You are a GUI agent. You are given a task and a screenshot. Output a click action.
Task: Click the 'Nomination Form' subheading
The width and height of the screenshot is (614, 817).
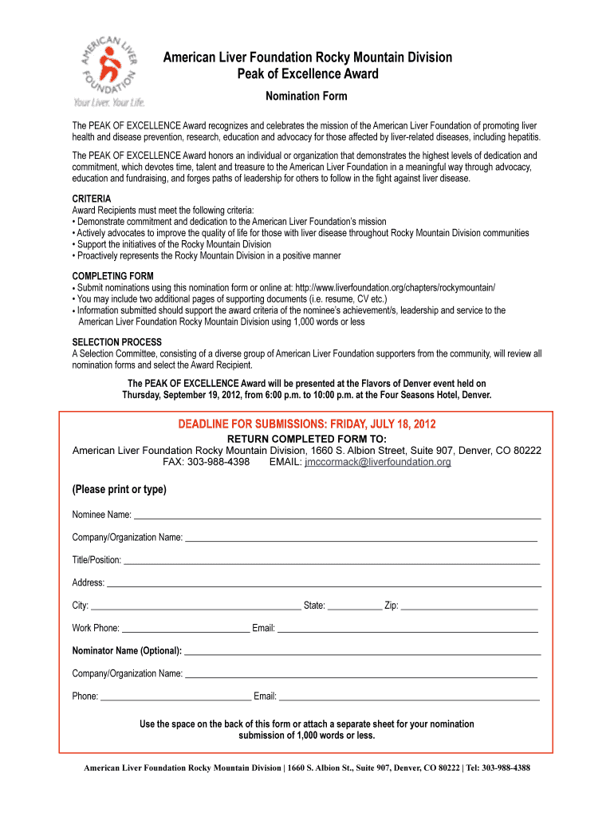tap(306, 97)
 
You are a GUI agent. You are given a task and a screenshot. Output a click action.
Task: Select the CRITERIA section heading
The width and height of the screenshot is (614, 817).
tap(92, 199)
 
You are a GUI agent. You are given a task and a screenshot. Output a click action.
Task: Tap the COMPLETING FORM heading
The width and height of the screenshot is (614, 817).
tap(113, 276)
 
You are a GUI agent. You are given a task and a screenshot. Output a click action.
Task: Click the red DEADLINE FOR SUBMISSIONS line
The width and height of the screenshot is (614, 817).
tap(306, 424)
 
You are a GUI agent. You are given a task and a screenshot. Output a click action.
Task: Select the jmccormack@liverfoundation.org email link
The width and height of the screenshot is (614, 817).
tap(378, 462)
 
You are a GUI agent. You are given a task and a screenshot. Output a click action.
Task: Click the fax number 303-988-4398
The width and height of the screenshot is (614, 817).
tap(218, 462)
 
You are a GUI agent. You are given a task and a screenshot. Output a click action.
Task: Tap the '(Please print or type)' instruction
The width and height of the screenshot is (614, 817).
tap(120, 489)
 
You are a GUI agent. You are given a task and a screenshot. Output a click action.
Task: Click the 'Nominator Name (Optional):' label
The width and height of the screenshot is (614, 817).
tap(127, 650)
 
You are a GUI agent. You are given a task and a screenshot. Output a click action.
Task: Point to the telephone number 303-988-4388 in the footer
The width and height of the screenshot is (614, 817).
tap(501, 768)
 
